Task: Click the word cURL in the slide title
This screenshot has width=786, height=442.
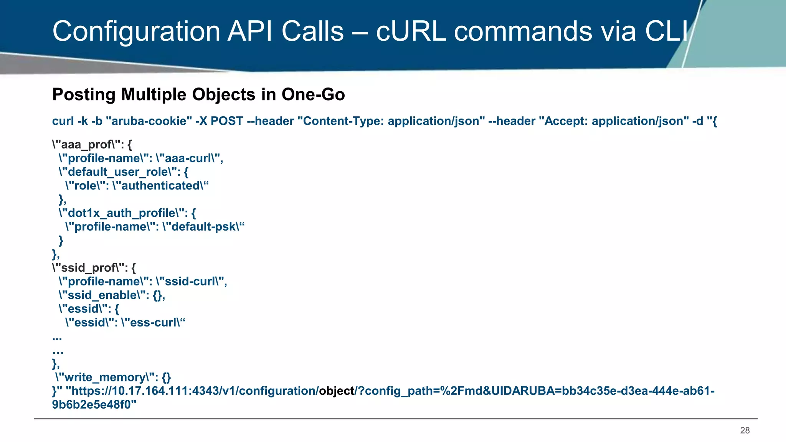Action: tap(411, 31)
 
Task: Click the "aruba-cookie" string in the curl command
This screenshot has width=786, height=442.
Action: tap(149, 121)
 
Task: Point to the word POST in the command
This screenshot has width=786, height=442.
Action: tap(227, 121)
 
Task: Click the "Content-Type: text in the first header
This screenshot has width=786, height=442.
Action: tap(343, 121)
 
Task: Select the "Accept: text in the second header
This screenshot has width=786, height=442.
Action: tap(566, 121)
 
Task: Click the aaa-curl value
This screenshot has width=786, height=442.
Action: tap(188, 158)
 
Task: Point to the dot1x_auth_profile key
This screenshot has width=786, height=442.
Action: tap(121, 213)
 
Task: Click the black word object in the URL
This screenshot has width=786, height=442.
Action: tap(337, 391)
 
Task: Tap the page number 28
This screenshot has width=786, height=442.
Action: tap(745, 430)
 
